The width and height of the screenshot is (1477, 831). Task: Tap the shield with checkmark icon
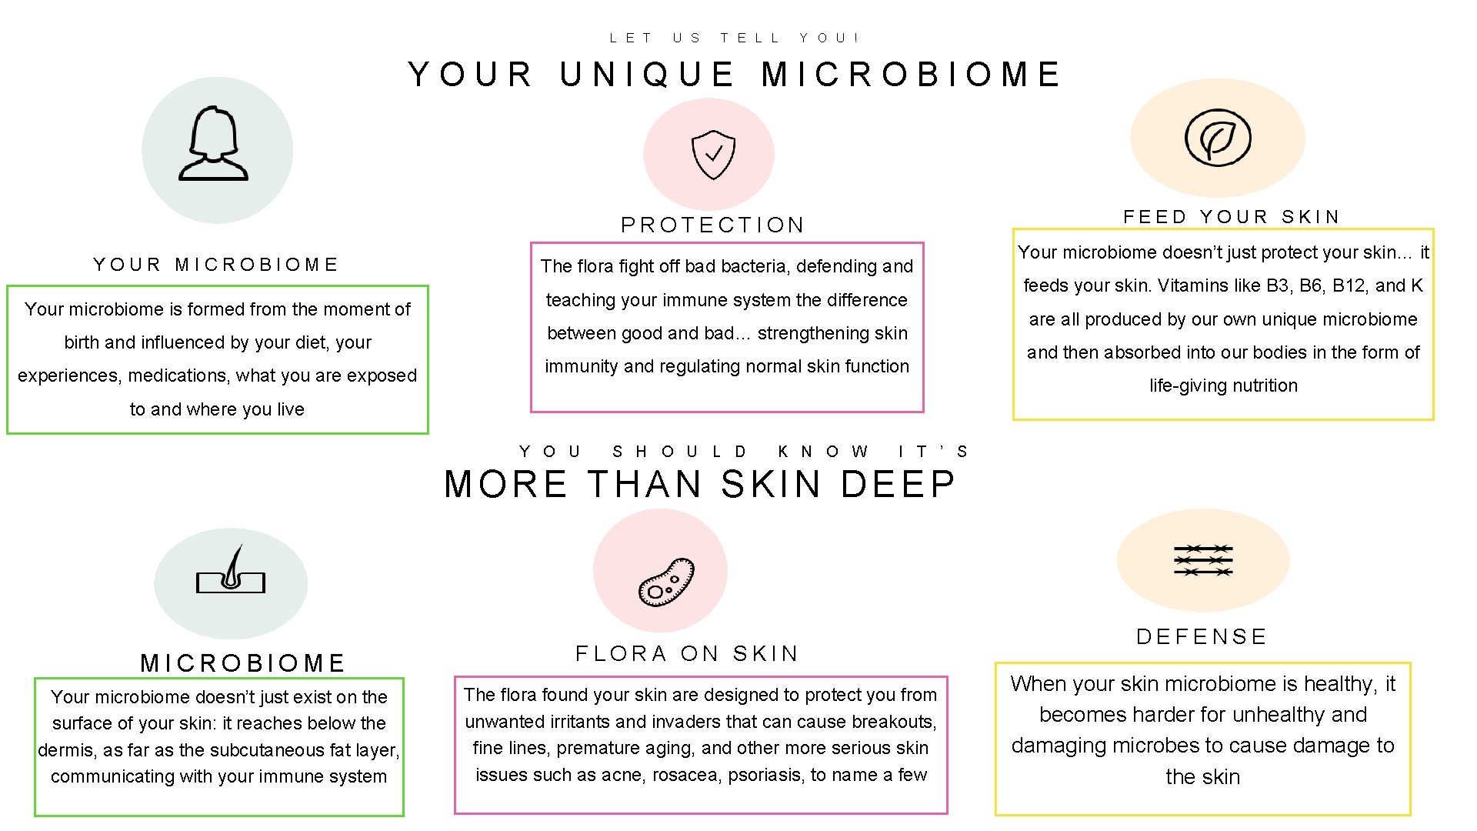click(713, 154)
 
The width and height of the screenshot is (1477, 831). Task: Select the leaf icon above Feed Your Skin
click(1218, 138)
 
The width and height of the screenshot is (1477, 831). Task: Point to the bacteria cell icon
click(666, 582)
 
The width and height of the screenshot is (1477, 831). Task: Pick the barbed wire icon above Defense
click(1203, 560)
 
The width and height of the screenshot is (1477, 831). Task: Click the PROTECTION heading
click(713, 225)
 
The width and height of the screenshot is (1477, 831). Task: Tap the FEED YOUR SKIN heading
click(1232, 217)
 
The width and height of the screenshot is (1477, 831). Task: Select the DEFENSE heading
click(1202, 637)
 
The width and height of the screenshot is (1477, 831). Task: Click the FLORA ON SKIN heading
click(688, 654)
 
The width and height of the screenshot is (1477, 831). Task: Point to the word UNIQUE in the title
click(647, 75)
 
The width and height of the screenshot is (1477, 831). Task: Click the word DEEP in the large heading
click(898, 485)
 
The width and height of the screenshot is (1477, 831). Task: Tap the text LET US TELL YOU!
click(735, 38)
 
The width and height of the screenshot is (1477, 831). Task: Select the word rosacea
click(685, 775)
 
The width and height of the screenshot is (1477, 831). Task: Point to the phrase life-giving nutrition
click(1223, 385)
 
